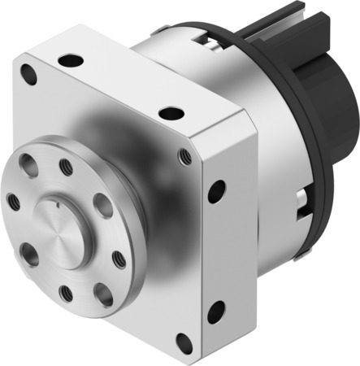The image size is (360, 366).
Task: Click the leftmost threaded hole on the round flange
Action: (x=14, y=200)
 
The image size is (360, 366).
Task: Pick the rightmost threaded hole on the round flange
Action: (x=119, y=259)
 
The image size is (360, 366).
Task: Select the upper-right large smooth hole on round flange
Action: (x=102, y=205)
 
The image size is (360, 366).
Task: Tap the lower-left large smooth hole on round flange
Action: (x=28, y=253)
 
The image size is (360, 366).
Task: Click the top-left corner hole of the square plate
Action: (x=29, y=76)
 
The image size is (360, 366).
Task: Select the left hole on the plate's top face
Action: (x=71, y=59)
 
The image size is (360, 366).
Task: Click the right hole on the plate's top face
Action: (x=170, y=113)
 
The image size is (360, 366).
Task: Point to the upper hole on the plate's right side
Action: (x=216, y=192)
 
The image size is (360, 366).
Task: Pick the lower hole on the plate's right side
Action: (x=216, y=312)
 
